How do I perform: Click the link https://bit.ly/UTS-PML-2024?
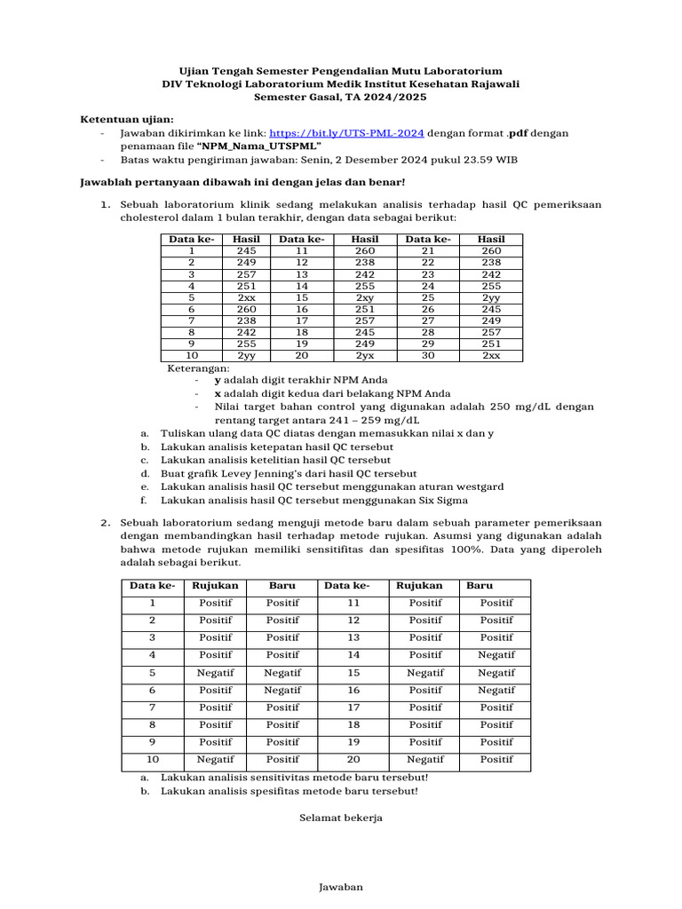(x=345, y=132)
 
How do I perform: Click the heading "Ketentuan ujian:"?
(x=128, y=119)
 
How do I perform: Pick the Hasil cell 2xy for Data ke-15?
(x=364, y=298)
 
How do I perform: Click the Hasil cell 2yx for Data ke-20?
(x=364, y=355)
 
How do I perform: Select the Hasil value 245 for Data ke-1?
(x=246, y=251)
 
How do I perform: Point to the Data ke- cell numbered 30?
(x=427, y=355)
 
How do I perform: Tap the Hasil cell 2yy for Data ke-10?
(x=246, y=355)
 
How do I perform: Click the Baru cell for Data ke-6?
(x=282, y=690)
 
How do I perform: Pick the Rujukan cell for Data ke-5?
(x=215, y=673)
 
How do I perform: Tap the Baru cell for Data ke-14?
(x=496, y=655)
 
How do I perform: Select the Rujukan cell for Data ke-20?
(x=425, y=760)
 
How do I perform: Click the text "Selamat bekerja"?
(x=340, y=818)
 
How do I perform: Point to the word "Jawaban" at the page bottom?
(x=340, y=887)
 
